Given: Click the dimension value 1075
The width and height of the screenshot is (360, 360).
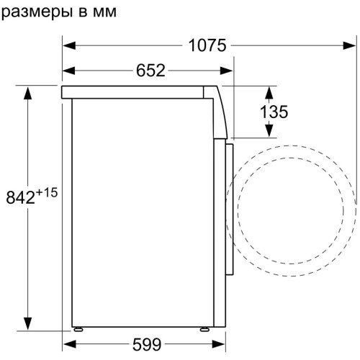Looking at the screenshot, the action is (207, 45).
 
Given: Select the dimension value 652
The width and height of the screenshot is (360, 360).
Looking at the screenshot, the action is (150, 71).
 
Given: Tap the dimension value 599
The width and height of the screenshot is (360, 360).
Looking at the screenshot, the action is (147, 345).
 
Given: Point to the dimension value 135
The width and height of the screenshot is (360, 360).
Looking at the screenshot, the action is (274, 112).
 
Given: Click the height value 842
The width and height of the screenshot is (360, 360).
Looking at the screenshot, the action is (21, 198).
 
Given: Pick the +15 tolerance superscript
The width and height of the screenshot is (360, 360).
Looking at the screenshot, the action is (47, 192).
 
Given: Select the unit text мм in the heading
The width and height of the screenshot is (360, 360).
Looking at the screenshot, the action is (104, 12).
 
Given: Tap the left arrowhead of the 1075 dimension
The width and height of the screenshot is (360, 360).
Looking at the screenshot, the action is (69, 45).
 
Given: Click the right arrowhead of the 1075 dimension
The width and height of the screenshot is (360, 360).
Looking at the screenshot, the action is (349, 45).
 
